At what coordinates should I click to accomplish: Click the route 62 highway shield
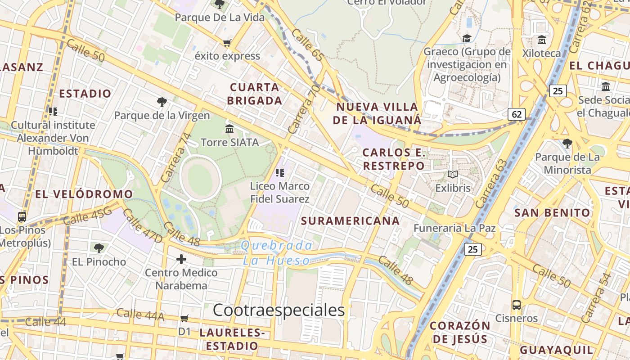coord(517,114)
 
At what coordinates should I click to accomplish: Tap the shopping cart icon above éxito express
coord(227,43)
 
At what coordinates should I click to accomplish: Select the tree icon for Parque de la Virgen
coord(162,102)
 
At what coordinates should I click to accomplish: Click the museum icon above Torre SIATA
coord(229,129)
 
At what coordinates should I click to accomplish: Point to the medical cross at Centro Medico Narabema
coord(181,259)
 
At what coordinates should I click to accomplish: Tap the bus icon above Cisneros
coord(517,305)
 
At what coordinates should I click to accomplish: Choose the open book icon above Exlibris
coord(453,175)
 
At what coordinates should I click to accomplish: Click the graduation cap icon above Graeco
coord(467,38)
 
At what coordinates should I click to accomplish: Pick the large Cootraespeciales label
coord(279,310)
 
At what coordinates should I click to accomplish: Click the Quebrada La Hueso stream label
coord(277,253)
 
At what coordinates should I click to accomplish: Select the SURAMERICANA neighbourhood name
coord(350,221)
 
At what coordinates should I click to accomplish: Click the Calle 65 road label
coord(307,45)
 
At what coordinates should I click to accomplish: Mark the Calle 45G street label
coord(87,217)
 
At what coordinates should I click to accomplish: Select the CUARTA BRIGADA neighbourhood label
coord(255,94)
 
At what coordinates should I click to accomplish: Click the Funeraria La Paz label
coord(454,228)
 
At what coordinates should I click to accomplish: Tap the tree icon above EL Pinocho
coord(99,248)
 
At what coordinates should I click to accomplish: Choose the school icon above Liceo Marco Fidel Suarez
coord(280,172)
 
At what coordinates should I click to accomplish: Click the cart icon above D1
coord(184,319)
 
